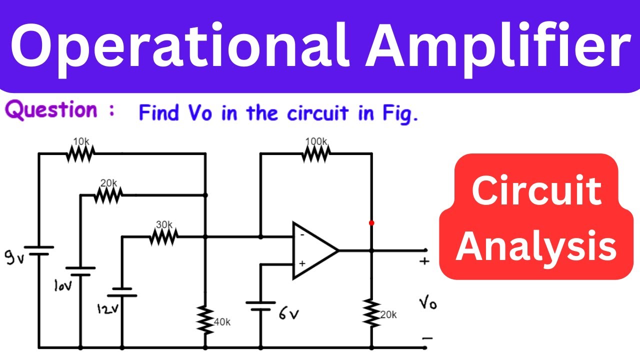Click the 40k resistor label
tap(222, 322)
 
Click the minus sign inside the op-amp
tap(302, 233)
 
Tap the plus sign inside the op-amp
tap(302, 263)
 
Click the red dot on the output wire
tap(371, 223)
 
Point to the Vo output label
tap(428, 303)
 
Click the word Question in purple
tap(51, 111)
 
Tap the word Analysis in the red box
tap(536, 247)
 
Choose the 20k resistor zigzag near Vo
tap(371, 312)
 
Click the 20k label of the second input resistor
tap(108, 183)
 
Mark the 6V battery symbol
tap(260, 305)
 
